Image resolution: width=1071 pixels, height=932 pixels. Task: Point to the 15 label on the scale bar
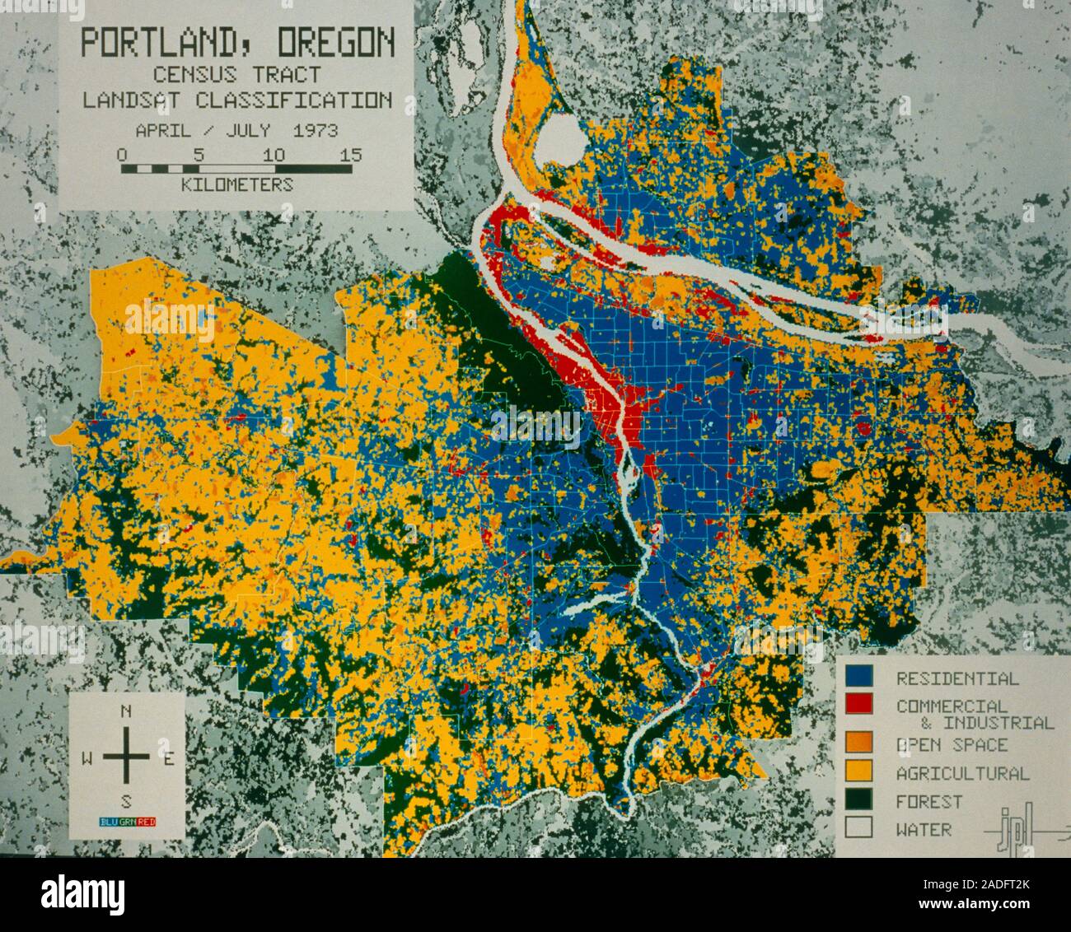point(350,155)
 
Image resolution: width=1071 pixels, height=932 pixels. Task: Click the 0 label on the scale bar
point(122,155)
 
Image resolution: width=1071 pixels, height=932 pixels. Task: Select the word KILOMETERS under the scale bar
point(236,184)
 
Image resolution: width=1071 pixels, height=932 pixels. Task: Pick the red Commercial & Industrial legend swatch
point(860,704)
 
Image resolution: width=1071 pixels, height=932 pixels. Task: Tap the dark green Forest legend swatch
point(860,800)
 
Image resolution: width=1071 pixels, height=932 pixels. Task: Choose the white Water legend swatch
point(860,828)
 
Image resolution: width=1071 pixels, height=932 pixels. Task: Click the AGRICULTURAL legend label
point(962,773)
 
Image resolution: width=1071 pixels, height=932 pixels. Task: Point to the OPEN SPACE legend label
point(952,745)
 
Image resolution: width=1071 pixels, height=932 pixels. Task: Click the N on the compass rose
point(126,712)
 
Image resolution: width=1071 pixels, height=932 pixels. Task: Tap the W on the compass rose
point(87,760)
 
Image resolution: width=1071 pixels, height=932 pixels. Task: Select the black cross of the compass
point(126,758)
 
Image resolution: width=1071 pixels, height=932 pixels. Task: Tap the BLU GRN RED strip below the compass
point(126,821)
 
